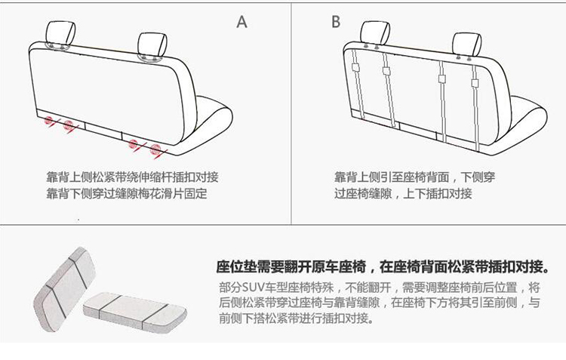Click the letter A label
point(241,22)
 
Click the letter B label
point(336,21)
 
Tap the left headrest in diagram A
point(60,33)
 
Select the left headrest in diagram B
point(375,33)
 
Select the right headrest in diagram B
point(466,45)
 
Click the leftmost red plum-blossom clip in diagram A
point(49,121)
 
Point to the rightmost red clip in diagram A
point(155,149)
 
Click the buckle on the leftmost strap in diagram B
point(355,67)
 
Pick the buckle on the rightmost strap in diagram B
point(475,83)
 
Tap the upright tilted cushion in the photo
point(64,289)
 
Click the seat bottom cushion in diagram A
point(208,125)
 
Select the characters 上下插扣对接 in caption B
point(437,193)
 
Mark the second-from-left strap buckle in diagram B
point(386,71)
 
